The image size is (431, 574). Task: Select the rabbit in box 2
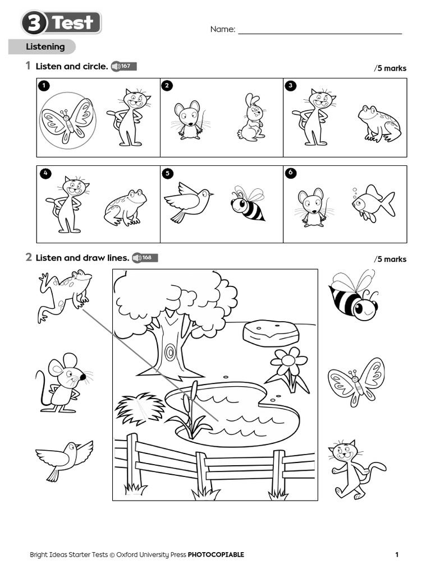point(252,117)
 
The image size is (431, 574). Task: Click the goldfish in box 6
point(374,203)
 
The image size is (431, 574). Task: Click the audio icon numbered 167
point(124,66)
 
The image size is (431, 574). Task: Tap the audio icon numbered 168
point(145,258)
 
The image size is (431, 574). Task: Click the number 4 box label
point(45,173)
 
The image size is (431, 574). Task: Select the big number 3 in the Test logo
point(34,22)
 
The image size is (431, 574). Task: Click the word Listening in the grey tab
point(45,47)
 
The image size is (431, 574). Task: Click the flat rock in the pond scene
point(270,333)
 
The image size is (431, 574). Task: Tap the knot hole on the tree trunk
point(170,352)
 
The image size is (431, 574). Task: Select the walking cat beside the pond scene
point(355,470)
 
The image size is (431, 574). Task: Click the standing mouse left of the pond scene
point(62,383)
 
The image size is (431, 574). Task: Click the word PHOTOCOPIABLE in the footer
point(216,554)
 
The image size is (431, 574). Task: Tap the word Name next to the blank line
point(222,29)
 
